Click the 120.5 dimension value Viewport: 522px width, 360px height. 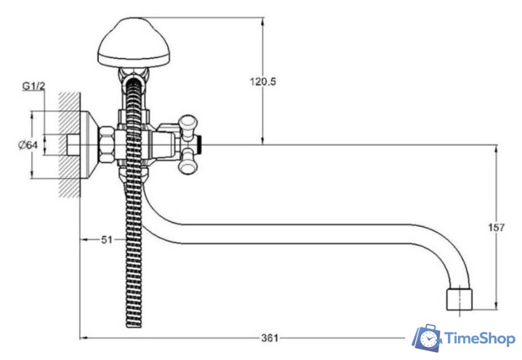[x=263, y=81]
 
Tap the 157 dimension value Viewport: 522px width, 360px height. [x=496, y=228]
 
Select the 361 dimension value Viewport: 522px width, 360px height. [x=270, y=338]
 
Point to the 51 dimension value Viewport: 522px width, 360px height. [x=107, y=239]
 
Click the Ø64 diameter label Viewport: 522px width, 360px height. [x=28, y=145]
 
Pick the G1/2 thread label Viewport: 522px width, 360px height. [x=34, y=86]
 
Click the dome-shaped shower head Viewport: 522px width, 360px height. [x=134, y=42]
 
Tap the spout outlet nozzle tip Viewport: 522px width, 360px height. [x=459, y=300]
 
